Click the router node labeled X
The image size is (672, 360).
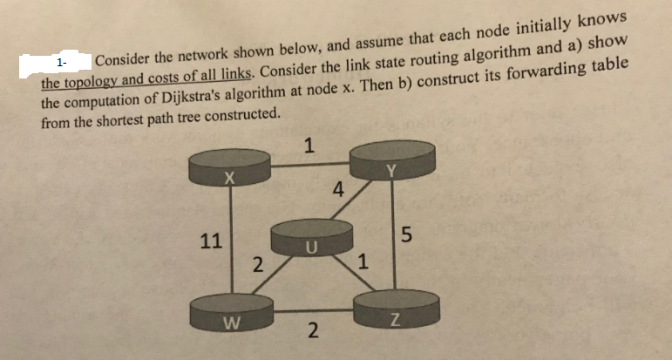click(x=229, y=171)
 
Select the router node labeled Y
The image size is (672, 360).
click(x=392, y=161)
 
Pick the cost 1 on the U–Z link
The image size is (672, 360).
click(x=364, y=261)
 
